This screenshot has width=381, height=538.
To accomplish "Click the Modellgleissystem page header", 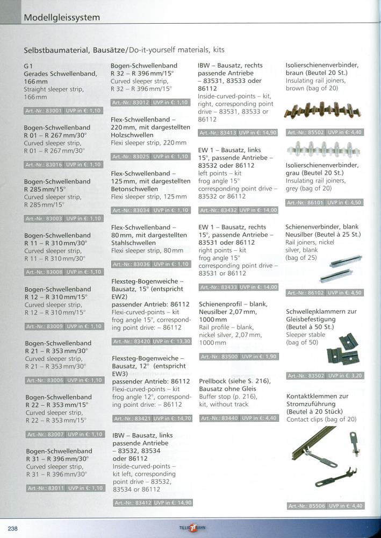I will tap(62, 18).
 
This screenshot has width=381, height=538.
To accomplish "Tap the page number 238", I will tap(13, 528).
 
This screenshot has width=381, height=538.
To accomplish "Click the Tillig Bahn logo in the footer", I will tap(191, 528).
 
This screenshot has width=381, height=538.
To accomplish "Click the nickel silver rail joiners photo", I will tap(333, 268).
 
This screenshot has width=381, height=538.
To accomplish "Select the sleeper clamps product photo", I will tap(342, 349).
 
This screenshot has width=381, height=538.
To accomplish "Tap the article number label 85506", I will tap(306, 506).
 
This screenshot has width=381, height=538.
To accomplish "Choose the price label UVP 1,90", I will tap(260, 357).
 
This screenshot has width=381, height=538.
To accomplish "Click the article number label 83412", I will tap(132, 502).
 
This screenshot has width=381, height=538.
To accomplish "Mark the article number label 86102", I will tap(306, 293).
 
